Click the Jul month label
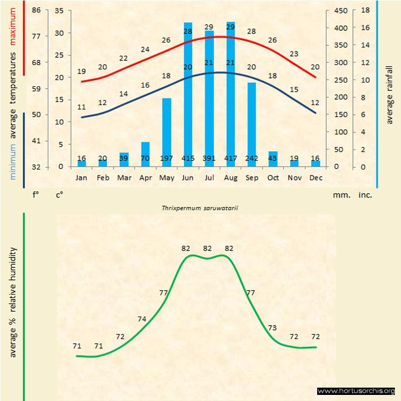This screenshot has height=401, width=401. (x=209, y=178)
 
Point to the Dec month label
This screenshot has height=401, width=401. (x=315, y=178)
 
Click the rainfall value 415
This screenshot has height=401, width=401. (x=188, y=159)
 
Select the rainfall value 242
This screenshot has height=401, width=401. (x=252, y=159)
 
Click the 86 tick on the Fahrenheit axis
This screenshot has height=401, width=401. (x=36, y=10)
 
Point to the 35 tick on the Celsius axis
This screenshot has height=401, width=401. (x=59, y=10)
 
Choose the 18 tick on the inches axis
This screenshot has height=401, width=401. (x=365, y=10)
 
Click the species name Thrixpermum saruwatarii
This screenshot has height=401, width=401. (x=199, y=207)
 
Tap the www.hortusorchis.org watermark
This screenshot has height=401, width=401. (x=356, y=391)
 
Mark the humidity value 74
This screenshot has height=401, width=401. (x=142, y=319)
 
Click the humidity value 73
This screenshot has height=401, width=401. (x=272, y=327)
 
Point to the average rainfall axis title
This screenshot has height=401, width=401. (x=389, y=94)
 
